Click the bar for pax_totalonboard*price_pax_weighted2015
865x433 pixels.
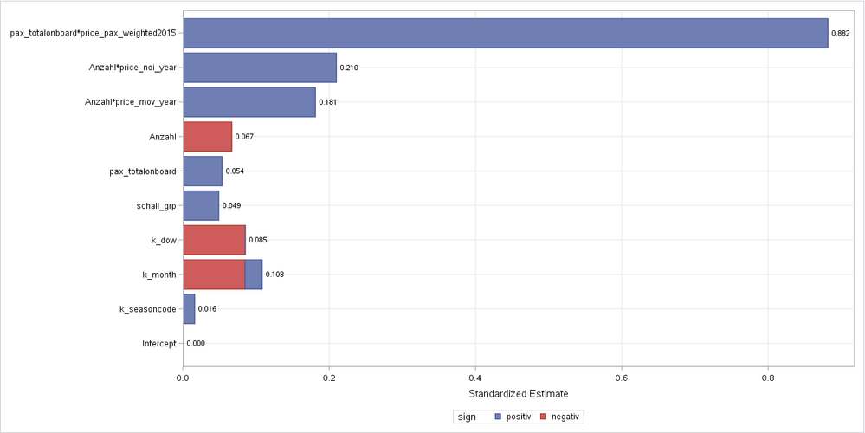(505, 33)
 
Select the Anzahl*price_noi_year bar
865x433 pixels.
(260, 68)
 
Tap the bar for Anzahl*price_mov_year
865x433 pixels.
(249, 102)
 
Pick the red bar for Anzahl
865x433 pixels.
(208, 137)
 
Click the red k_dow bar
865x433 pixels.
(215, 240)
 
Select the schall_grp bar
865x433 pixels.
(201, 205)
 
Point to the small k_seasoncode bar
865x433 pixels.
(190, 309)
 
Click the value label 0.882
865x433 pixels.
(840, 33)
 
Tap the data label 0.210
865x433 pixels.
(349, 68)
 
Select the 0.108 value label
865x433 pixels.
(274, 275)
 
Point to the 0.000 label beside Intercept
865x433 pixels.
(196, 344)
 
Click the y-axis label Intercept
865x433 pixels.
(159, 344)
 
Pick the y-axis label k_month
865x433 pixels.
(159, 275)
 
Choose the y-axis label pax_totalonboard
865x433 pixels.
(143, 171)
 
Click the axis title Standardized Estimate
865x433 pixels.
(517, 394)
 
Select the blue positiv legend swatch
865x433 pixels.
(498, 417)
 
